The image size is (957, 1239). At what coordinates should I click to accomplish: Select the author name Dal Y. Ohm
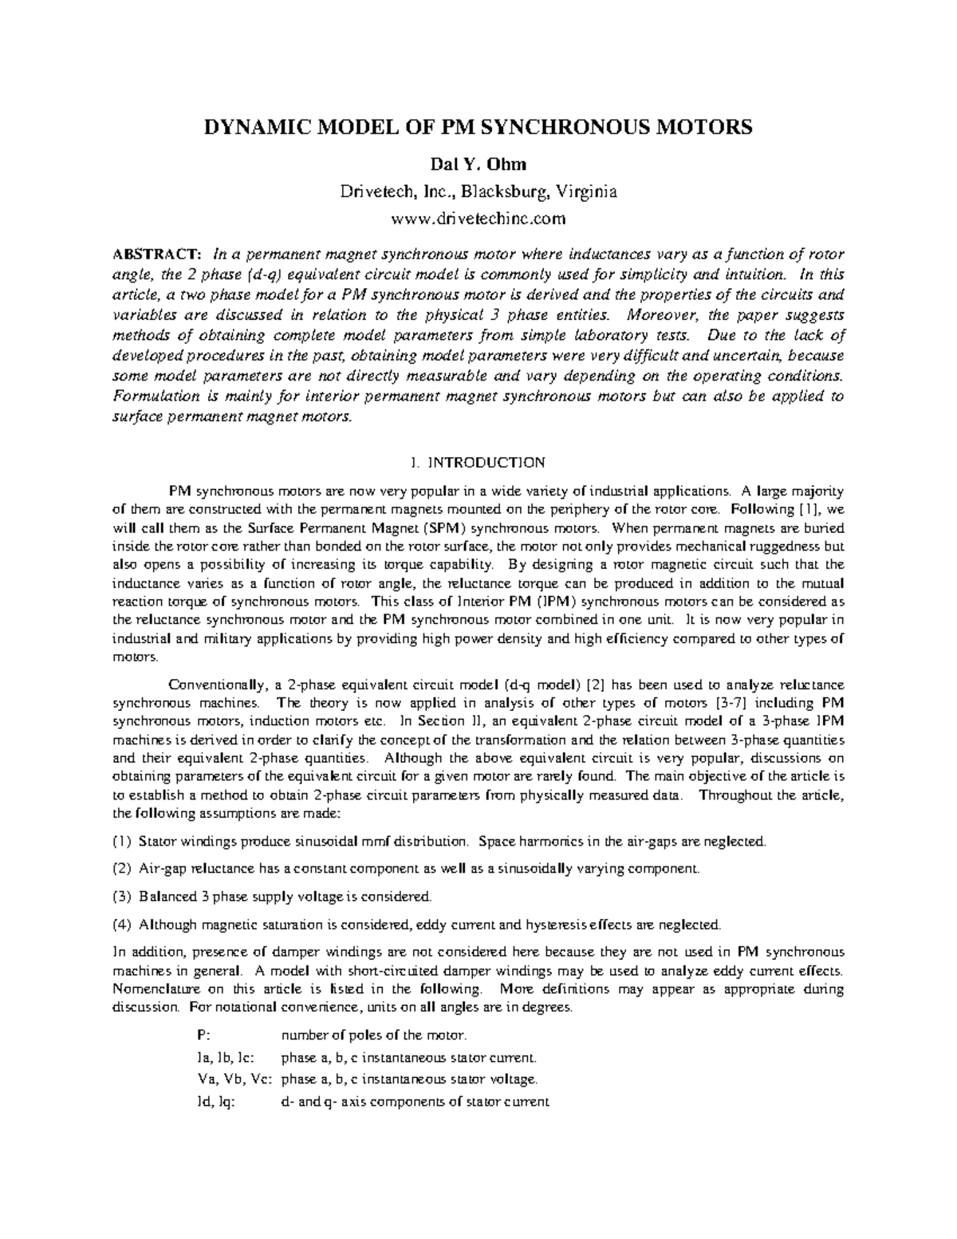pos(478,166)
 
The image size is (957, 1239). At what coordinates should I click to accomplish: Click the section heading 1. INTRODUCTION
pos(478,463)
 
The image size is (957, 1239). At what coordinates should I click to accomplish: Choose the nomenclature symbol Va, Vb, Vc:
pos(234,1079)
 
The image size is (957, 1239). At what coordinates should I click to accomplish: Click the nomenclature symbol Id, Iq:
pos(215,1102)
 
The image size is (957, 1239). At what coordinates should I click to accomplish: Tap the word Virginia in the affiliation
pos(586,192)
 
